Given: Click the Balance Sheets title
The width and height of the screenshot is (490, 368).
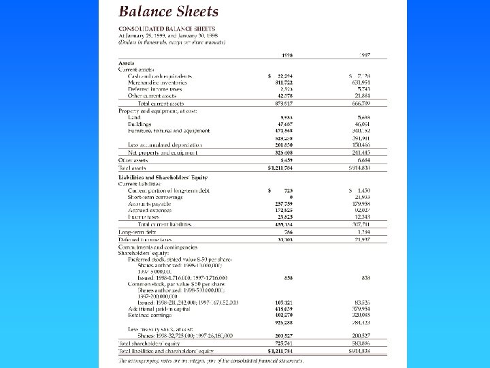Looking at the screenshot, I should tap(169, 12).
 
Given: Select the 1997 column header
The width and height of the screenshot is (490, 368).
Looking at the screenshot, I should tap(365, 55).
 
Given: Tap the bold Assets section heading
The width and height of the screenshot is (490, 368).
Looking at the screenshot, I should tap(127, 63).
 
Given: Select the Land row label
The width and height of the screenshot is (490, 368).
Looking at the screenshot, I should tap(135, 117).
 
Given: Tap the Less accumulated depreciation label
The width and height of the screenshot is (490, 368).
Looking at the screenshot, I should tap(165, 144).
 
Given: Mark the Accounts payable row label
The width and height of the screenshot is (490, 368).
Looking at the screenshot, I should tap(149, 203).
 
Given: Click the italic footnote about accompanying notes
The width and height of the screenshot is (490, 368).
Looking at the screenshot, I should tap(211, 361).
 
